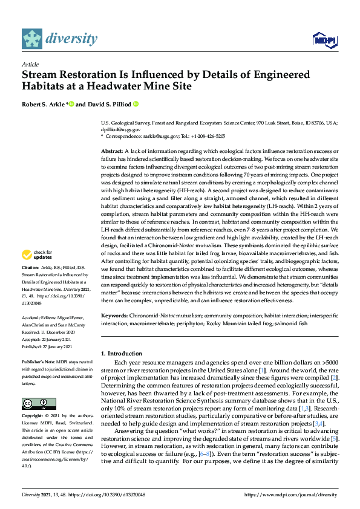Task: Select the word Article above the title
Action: pyautogui.click(x=30, y=64)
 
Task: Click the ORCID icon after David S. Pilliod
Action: pyautogui.click(x=136, y=104)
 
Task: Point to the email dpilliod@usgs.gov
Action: pyautogui.click(x=121, y=129)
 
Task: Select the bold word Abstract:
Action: pyautogui.click(x=113, y=150)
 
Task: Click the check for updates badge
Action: pyautogui.click(x=38, y=271)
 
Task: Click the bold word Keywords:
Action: pyautogui.click(x=115, y=316)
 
